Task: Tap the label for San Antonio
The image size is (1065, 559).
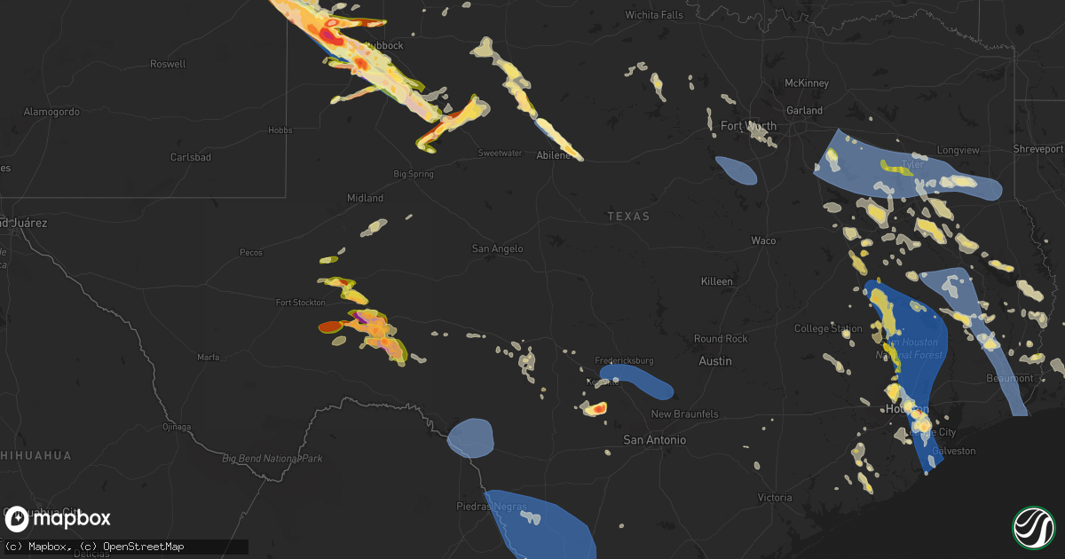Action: [x=655, y=440]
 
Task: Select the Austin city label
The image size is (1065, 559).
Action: [x=715, y=361]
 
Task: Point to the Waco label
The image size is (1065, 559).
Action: [x=763, y=240]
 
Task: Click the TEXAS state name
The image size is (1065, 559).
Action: [x=628, y=217]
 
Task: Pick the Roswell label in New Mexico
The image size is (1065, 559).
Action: [x=169, y=64]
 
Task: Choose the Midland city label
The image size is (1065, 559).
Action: [x=365, y=198]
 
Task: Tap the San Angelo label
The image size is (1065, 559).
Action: [x=497, y=249]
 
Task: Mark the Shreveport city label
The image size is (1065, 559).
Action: [x=1038, y=149]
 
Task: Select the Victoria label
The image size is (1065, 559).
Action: [x=774, y=498]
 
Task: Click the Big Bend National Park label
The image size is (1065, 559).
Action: [x=272, y=459]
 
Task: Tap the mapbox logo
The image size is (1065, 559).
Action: [x=58, y=518]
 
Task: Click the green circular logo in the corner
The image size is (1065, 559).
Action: [x=1033, y=527]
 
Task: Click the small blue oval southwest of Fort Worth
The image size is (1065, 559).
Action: [x=736, y=170]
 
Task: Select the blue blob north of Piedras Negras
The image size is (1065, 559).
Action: [x=470, y=437]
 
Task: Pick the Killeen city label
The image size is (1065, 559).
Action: [x=716, y=281]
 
